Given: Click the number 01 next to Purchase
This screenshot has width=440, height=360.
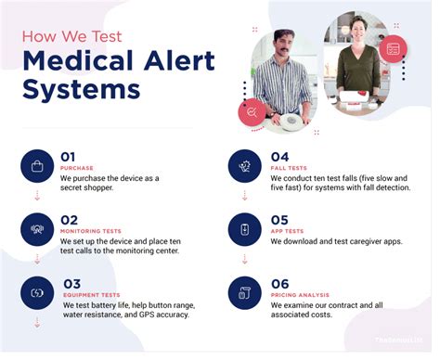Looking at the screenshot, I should pyautogui.click(x=68, y=156).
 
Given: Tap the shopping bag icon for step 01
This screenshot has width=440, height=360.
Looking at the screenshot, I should pyautogui.click(x=37, y=166).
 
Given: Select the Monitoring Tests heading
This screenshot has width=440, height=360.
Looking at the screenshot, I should pyautogui.click(x=92, y=230).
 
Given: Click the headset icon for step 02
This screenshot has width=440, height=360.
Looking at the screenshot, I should pyautogui.click(x=37, y=228).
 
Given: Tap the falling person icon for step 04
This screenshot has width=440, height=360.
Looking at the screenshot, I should pyautogui.click(x=245, y=166).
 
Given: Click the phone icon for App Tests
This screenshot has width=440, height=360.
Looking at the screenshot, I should pyautogui.click(x=245, y=228).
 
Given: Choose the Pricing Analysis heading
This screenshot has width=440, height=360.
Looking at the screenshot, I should pyautogui.click(x=304, y=294).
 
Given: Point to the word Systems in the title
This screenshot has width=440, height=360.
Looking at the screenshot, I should pyautogui.click(x=81, y=90).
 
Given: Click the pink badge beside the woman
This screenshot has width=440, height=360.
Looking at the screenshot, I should pyautogui.click(x=394, y=48).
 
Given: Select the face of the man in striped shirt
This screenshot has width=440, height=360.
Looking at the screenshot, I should pyautogui.click(x=285, y=45).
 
